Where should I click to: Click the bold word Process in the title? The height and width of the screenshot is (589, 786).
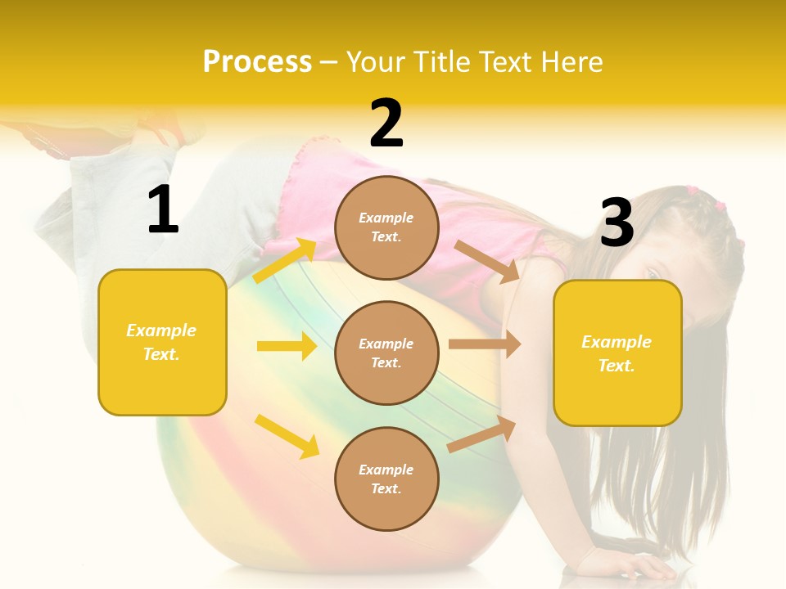(x=257, y=62)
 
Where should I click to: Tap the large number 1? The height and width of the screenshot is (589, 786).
(x=163, y=210)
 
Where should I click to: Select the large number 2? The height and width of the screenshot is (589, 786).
(x=386, y=124)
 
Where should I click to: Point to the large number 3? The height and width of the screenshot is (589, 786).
(x=617, y=223)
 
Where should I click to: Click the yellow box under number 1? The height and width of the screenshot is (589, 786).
(x=162, y=342)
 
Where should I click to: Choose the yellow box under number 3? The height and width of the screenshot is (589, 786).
(x=617, y=353)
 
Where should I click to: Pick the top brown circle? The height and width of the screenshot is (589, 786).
(x=386, y=227)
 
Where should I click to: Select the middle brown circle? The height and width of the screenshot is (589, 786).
(x=386, y=353)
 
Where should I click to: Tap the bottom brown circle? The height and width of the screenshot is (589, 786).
(x=386, y=479)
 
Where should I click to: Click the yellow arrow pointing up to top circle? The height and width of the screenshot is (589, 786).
(x=285, y=261)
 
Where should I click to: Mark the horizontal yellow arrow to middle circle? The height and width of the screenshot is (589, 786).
(x=287, y=346)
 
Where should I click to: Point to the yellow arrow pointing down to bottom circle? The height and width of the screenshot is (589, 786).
(x=287, y=436)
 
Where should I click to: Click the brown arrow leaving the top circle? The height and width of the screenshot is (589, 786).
(x=486, y=261)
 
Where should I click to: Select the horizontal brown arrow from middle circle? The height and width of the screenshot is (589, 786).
(x=484, y=344)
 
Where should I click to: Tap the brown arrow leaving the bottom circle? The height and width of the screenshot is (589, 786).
(x=481, y=434)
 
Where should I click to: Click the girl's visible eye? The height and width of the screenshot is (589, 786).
(x=653, y=272)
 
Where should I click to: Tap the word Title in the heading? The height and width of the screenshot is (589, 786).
(x=446, y=62)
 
